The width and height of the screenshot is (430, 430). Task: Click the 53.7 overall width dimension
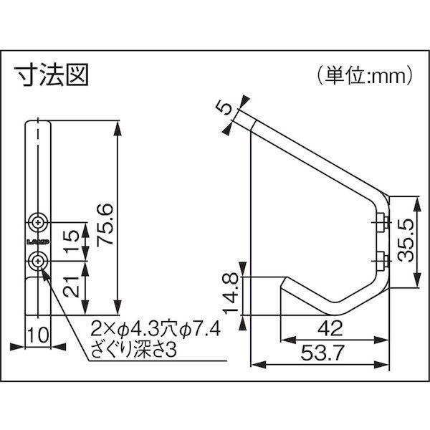[319, 355]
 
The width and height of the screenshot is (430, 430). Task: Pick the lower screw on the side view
[380, 259]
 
